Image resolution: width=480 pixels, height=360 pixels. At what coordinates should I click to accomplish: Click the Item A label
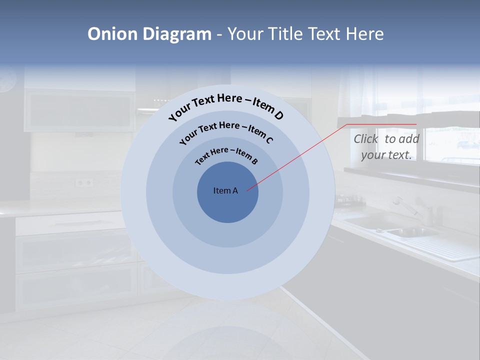[x=225, y=190]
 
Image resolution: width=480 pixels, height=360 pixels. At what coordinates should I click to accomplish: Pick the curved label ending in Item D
[x=226, y=106]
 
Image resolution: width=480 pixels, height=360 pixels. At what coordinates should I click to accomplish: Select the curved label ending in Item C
[x=226, y=130]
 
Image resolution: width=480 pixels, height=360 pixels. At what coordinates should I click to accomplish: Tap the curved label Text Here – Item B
[x=226, y=155]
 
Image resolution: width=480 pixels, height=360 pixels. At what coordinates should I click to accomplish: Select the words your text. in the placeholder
[x=386, y=155]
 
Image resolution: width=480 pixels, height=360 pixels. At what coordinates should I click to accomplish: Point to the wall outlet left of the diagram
[x=84, y=182]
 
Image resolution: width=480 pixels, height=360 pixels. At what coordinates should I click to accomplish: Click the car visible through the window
[x=467, y=145]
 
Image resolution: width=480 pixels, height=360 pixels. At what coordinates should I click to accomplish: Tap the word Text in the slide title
[x=323, y=34]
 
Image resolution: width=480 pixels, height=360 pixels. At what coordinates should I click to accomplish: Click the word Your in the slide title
[x=246, y=34]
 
